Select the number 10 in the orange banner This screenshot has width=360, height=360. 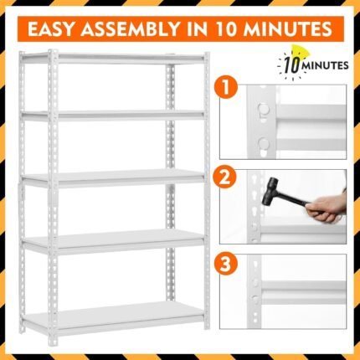pyautogui.click(x=227, y=28)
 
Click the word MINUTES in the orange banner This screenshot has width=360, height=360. pyautogui.click(x=288, y=28)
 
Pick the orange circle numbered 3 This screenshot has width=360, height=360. pyautogui.click(x=225, y=264)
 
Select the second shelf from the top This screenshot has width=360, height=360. pyautogui.click(x=113, y=115)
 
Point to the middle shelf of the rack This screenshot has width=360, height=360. pyautogui.click(x=113, y=177)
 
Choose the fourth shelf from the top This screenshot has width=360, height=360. pyautogui.click(x=113, y=241)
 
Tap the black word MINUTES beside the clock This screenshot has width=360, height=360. pyautogui.click(x=326, y=66)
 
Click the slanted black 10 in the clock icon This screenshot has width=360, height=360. pyautogui.click(x=293, y=65)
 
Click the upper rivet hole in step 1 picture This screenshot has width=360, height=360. pyautogui.click(x=263, y=108)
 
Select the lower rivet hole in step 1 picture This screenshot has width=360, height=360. pyautogui.click(x=263, y=143)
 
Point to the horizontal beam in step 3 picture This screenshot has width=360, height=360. pyautogui.click(x=304, y=286)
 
